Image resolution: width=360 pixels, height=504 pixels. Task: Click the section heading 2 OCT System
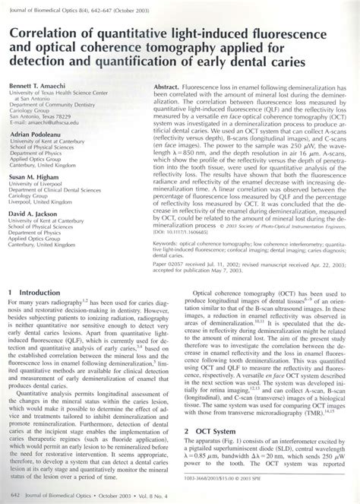pyautogui.click(x=214, y=429)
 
